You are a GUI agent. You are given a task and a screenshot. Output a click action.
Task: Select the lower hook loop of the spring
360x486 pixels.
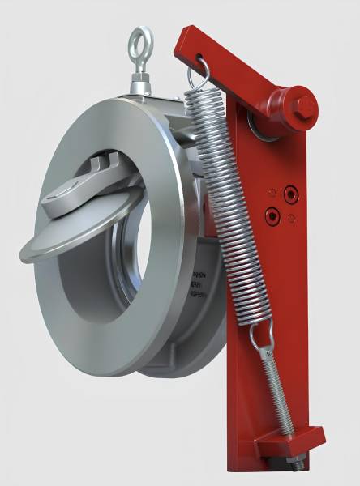[261, 333]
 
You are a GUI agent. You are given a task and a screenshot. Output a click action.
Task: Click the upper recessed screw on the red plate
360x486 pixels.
[289, 194]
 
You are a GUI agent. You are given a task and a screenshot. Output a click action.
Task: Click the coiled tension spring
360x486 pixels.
[228, 202]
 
